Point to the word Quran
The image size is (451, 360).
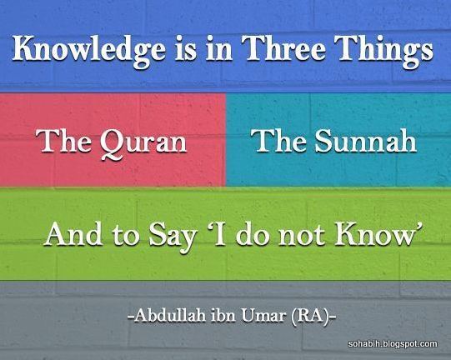pyautogui.click(x=143, y=144)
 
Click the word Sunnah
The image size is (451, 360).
pyautogui.click(x=366, y=141)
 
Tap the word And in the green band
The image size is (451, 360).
pyautogui.click(x=73, y=234)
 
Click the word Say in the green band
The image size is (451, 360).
pyautogui.click(x=172, y=237)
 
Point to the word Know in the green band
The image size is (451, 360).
pyautogui.click(x=374, y=234)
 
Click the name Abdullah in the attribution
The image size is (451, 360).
pyautogui.click(x=170, y=316)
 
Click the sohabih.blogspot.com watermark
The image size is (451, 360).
pyautogui.click(x=393, y=344)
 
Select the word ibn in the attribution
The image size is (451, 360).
pyautogui.click(x=223, y=316)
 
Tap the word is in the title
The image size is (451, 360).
pyautogui.click(x=186, y=49)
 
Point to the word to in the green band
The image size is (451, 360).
pyautogui.click(x=126, y=236)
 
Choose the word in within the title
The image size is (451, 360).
pyautogui.click(x=219, y=49)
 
